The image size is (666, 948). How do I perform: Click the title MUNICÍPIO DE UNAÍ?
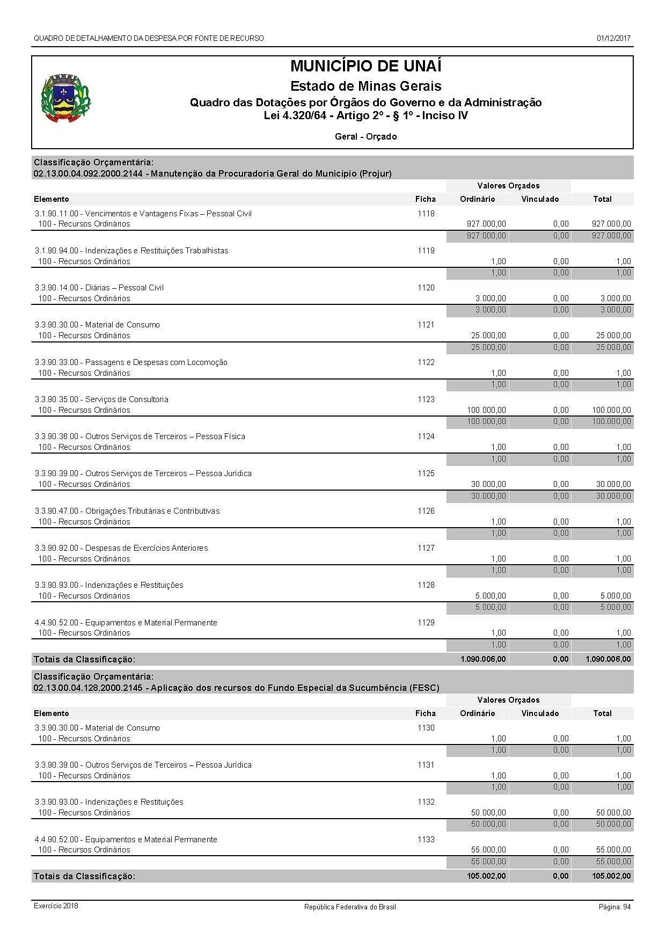click(x=365, y=66)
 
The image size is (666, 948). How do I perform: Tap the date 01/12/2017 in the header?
click(x=613, y=38)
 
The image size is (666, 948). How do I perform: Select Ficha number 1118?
click(x=426, y=214)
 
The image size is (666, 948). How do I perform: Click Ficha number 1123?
click(x=426, y=399)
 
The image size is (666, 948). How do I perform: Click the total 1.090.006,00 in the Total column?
click(x=608, y=659)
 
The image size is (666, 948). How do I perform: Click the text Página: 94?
click(x=614, y=907)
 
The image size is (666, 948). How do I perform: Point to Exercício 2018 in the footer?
click(x=56, y=906)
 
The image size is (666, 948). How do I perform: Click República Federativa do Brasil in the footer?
click(x=350, y=907)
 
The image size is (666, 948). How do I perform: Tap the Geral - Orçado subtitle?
click(x=365, y=137)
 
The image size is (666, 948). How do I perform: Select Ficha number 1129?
click(x=426, y=623)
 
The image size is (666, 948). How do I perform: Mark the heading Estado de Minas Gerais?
click(x=365, y=86)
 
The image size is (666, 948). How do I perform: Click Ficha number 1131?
click(x=426, y=765)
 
